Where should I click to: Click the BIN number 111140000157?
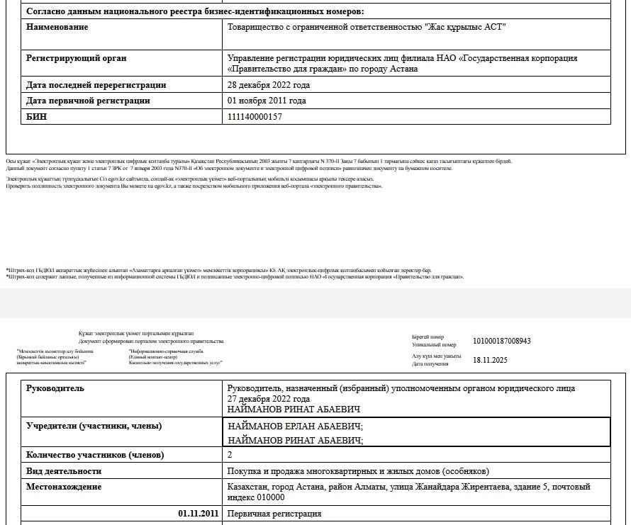[x=255, y=117]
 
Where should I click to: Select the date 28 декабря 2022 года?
[x=269, y=85]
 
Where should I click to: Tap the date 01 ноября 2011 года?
[x=267, y=101]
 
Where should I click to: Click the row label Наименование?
[x=57, y=27]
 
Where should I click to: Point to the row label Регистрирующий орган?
[x=77, y=58]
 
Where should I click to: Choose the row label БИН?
[x=37, y=117]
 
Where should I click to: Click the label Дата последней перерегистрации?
[x=96, y=85]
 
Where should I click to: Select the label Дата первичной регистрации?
[x=88, y=101]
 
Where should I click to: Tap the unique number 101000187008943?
[x=502, y=341]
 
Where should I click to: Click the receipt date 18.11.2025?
[x=491, y=360]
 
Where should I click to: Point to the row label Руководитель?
[x=55, y=388]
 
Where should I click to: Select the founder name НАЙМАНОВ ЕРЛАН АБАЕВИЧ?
[x=296, y=427]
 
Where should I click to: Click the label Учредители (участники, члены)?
[x=94, y=426]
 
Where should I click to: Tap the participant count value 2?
[x=230, y=455]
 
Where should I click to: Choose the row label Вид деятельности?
[x=64, y=471]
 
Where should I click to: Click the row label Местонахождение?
[x=64, y=487]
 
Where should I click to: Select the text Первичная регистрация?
[x=274, y=514]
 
